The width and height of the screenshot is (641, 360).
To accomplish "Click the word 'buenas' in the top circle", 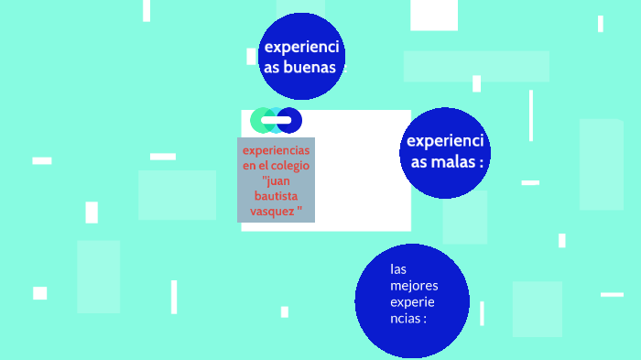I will (310, 68).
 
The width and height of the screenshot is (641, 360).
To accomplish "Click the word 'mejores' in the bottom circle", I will (407, 286).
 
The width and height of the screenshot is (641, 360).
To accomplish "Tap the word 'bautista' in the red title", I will (276, 196).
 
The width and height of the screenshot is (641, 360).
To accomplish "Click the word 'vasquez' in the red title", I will (272, 211).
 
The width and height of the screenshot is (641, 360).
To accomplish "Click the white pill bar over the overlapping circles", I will (276, 120).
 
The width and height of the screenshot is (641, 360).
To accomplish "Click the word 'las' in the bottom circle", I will (397, 269).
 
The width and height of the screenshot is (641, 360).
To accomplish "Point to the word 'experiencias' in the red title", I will (276, 150).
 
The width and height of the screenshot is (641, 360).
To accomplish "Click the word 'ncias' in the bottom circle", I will (406, 319).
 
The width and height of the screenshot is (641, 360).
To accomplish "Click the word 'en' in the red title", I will (249, 166).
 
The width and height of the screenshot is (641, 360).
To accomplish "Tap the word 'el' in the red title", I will (266, 166).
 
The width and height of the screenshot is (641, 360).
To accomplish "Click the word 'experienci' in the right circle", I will (445, 141).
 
